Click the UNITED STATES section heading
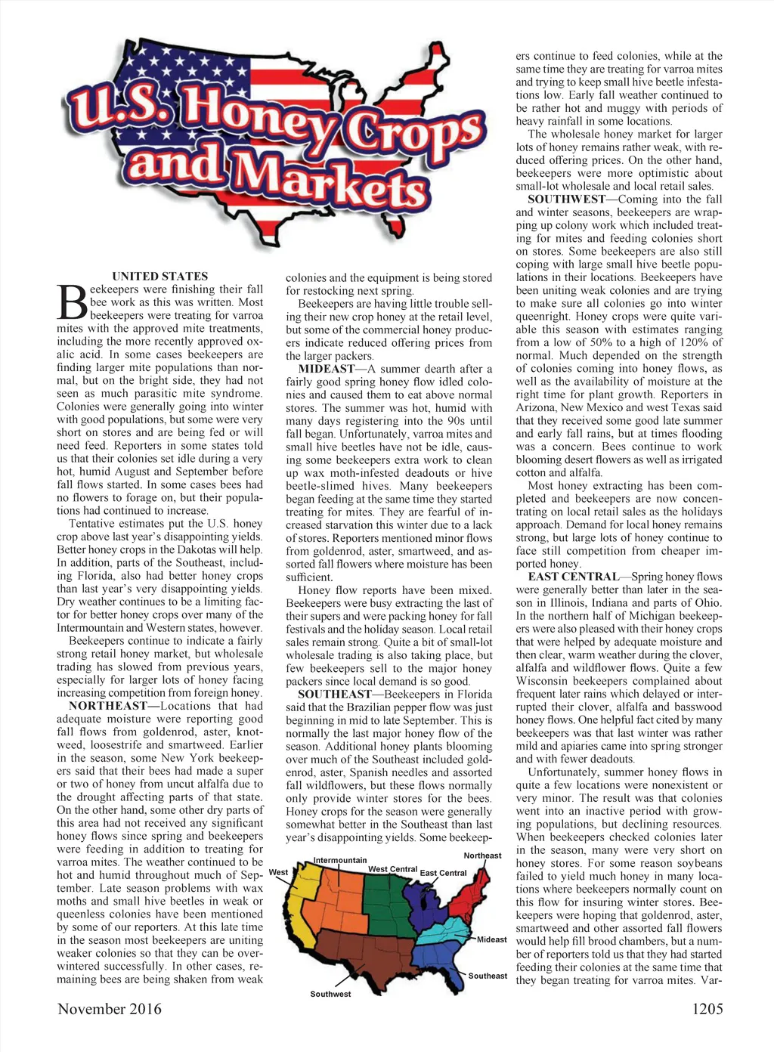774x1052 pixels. tap(159, 277)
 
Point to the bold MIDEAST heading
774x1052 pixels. tap(326, 369)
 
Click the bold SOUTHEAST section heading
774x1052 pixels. tap(335, 694)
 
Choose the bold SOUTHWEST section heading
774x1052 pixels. tap(566, 200)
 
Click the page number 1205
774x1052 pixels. tap(706, 1009)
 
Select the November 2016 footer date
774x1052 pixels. tap(109, 1009)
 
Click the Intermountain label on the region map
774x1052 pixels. tap(340, 860)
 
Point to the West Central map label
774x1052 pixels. tap(392, 869)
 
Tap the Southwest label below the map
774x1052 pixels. tap(330, 994)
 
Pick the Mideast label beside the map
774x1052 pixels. tap(492, 939)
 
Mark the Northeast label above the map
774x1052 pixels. tap(482, 856)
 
